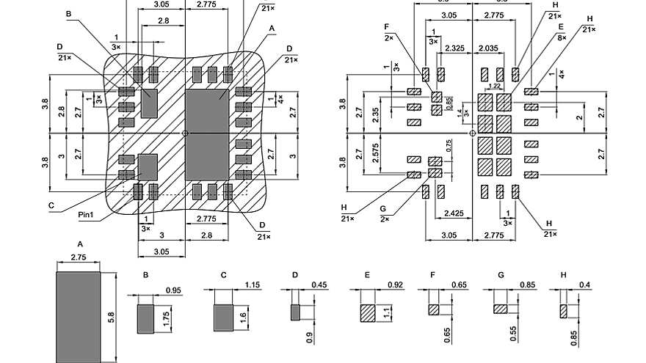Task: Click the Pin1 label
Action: (x=87, y=216)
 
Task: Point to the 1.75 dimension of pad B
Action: (x=167, y=318)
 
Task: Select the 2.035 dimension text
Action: (x=488, y=48)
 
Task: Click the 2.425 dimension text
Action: (x=454, y=214)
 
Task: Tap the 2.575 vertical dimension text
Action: (x=375, y=153)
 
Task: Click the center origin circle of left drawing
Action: (x=185, y=133)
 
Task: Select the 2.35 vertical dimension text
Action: (x=375, y=115)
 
